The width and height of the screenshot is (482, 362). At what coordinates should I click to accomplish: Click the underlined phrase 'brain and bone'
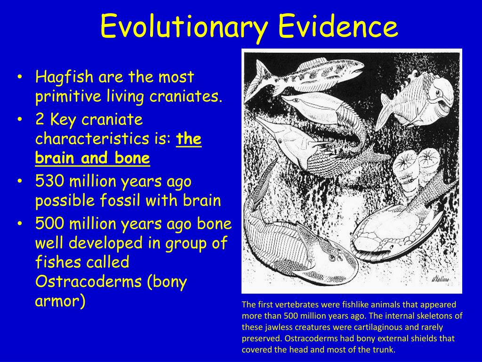point(92,158)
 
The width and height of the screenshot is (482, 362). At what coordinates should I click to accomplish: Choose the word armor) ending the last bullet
point(60,301)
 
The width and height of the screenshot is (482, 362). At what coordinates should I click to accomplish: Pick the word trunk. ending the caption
point(384,350)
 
